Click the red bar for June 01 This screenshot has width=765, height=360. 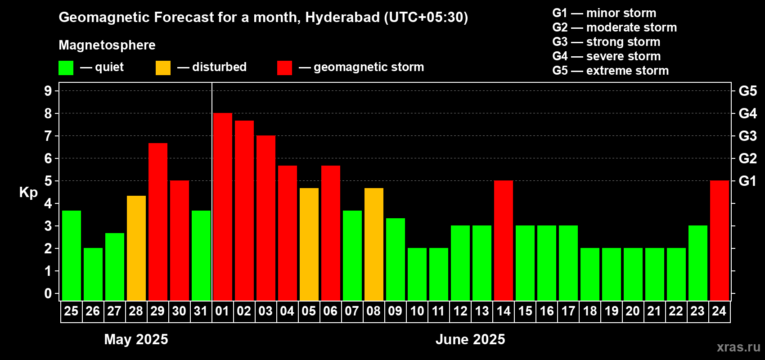(x=223, y=207)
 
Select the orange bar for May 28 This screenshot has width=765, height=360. (x=136, y=248)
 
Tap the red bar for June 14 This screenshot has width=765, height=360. (x=504, y=240)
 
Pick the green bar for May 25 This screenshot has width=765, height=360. (x=72, y=256)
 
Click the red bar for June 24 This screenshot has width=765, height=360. (x=720, y=240)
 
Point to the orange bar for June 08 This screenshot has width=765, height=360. (x=374, y=244)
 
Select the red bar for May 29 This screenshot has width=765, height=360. (x=158, y=222)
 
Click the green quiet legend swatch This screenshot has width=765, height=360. (x=66, y=67)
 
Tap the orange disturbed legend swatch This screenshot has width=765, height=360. (x=163, y=67)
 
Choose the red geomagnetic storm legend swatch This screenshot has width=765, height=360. (x=284, y=67)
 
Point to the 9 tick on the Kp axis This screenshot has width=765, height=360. (x=48, y=91)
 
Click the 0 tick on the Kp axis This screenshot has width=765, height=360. (x=48, y=293)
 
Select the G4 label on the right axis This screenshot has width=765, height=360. (x=747, y=113)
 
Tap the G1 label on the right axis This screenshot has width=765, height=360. (x=747, y=181)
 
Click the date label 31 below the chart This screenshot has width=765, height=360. (x=201, y=311)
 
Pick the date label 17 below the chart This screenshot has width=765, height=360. (x=568, y=311)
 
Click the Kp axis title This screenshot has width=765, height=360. (x=28, y=193)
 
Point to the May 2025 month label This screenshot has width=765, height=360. (x=136, y=339)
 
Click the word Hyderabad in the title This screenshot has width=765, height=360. (x=342, y=17)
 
